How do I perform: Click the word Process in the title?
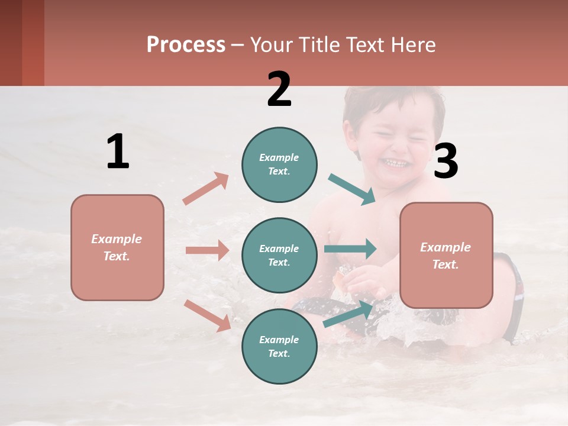[x=186, y=45]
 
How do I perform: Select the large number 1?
[x=118, y=152]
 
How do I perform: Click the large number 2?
[x=279, y=89]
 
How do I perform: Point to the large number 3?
[x=446, y=162]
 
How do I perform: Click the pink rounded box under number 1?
[x=117, y=247]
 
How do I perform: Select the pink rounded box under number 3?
[x=446, y=255]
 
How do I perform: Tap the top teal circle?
[x=279, y=164]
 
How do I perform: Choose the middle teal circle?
[x=279, y=255]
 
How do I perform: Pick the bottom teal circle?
[x=279, y=346]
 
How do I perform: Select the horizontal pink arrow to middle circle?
[x=207, y=250]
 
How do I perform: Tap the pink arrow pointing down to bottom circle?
[x=207, y=315]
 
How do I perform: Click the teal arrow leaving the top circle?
[x=352, y=189]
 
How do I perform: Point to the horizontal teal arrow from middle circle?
[x=350, y=248]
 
